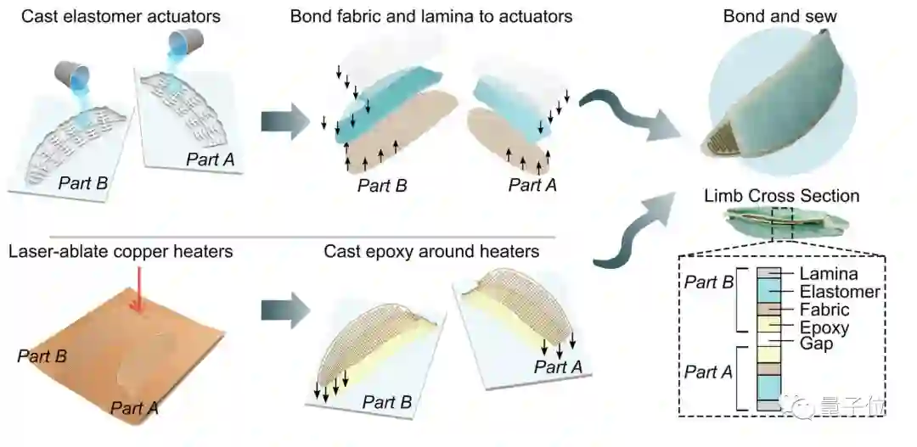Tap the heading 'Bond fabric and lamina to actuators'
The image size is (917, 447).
pyautogui.click(x=430, y=16)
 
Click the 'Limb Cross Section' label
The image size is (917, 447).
pyautogui.click(x=781, y=197)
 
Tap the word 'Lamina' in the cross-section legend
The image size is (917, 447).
pyautogui.click(x=829, y=274)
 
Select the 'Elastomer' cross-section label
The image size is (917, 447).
pyautogui.click(x=840, y=292)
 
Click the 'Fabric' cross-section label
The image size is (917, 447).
pyautogui.click(x=824, y=310)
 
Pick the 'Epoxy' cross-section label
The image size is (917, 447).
pyautogui.click(x=824, y=327)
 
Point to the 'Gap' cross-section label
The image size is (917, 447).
pyautogui.click(x=816, y=344)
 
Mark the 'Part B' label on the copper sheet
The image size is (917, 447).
pyautogui.click(x=42, y=356)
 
